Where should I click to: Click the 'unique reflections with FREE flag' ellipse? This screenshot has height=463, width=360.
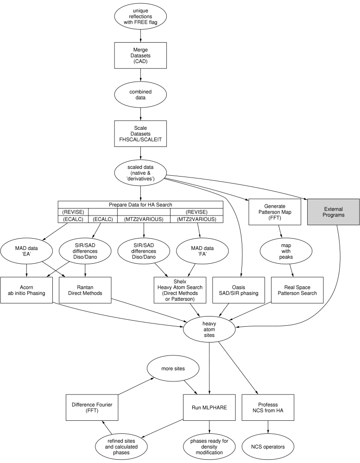tap(140, 16)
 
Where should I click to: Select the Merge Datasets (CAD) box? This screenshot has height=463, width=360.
tap(140, 55)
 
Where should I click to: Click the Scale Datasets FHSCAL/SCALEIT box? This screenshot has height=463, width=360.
tap(140, 134)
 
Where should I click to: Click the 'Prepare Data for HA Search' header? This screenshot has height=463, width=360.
tap(140, 205)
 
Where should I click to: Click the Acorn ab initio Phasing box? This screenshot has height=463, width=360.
tap(26, 291)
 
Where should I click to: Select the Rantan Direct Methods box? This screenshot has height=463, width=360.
tap(86, 291)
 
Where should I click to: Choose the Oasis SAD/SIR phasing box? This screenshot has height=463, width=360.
tap(235, 291)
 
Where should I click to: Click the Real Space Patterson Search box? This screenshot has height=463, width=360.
tap(294, 291)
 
